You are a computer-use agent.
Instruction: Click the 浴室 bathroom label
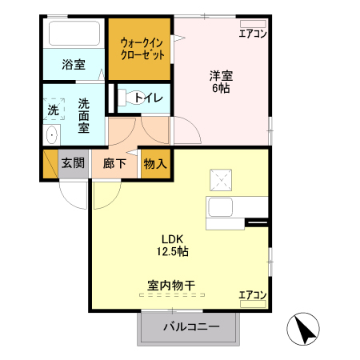74,65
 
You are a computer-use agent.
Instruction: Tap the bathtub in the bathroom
74,34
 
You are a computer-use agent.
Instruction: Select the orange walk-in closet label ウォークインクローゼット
142,49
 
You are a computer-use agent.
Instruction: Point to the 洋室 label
221,77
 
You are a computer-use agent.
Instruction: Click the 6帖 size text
221,90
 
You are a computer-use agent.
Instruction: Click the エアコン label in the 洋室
253,34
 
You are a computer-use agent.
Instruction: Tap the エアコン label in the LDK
253,296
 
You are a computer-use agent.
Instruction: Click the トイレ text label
149,98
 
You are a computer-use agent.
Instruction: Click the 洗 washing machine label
53,109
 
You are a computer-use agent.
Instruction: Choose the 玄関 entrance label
72,164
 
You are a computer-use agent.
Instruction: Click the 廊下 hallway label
114,164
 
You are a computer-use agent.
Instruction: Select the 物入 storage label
155,164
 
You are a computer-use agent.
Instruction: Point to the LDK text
173,238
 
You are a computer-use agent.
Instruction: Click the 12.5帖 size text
173,251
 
